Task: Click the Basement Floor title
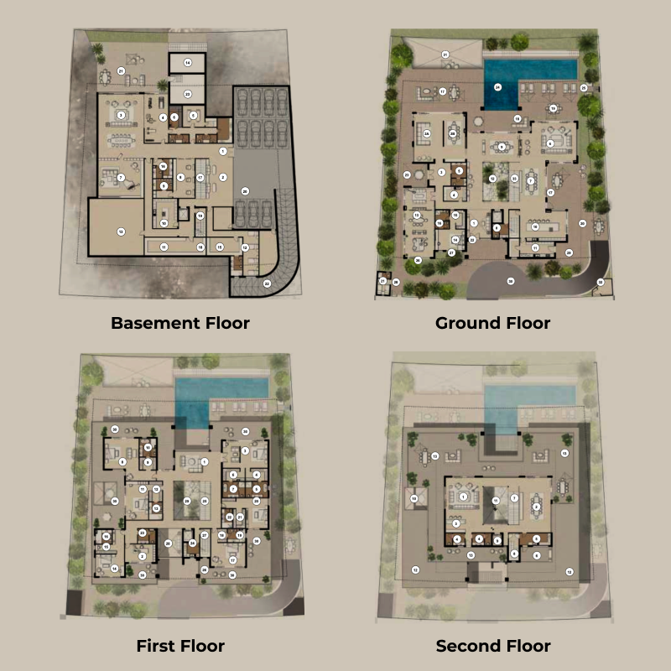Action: click(180, 323)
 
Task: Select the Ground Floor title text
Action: click(493, 323)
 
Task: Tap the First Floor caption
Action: click(180, 646)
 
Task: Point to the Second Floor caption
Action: click(493, 646)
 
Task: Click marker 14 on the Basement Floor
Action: click(188, 63)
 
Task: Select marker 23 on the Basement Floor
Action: click(188, 93)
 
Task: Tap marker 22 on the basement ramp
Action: click(268, 283)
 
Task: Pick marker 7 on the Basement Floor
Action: click(122, 178)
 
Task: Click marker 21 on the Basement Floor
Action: click(122, 71)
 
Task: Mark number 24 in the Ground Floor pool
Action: click(497, 86)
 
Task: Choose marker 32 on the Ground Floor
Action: click(600, 282)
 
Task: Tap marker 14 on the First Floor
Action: click(114, 569)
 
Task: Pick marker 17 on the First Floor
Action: click(232, 559)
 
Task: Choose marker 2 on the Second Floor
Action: click(536, 507)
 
